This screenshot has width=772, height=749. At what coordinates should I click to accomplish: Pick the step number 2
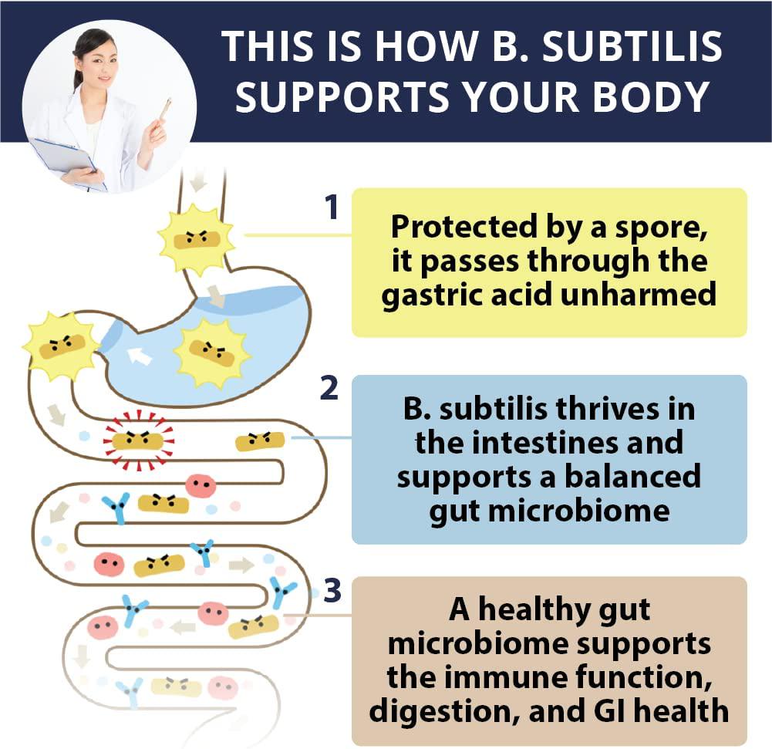(x=329, y=389)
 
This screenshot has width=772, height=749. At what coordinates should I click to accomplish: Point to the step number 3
(x=332, y=591)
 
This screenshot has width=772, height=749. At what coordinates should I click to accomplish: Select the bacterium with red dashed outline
(x=139, y=440)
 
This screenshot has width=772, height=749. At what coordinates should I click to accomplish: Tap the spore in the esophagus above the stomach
(x=196, y=238)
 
